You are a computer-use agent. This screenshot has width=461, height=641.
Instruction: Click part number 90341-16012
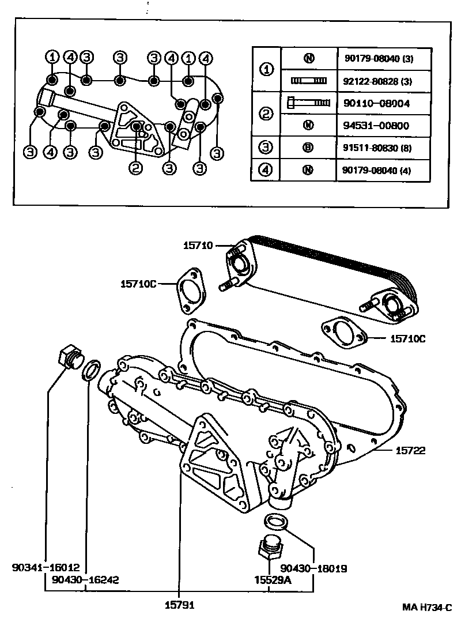coord(45,567)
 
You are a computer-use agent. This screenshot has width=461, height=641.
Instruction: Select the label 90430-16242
coord(85,579)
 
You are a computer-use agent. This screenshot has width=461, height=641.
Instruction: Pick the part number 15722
coord(410,451)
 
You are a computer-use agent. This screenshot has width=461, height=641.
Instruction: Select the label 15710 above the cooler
coord(198,246)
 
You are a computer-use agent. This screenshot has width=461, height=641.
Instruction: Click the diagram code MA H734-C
coord(427,607)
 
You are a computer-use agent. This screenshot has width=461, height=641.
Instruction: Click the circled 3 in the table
coord(266,148)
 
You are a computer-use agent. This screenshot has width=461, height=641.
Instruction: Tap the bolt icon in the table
coord(308,103)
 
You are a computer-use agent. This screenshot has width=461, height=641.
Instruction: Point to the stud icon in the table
coord(308,81)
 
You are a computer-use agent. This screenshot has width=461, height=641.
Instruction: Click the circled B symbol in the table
coord(308,148)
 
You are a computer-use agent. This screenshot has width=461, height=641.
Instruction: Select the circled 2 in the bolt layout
coord(136,168)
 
